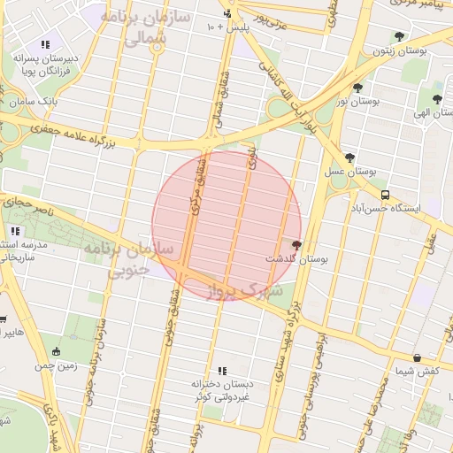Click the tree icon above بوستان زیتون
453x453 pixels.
coord(399,37)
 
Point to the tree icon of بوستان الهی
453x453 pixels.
coord(437,98)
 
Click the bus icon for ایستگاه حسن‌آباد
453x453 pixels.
coord(384,195)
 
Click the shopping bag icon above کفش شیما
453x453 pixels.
coord(417,357)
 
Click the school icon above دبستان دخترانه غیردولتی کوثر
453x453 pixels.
coord(222,371)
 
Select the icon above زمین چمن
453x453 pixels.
coord(57,351)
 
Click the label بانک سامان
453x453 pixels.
coord(36,103)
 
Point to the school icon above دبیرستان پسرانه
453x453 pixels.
coord(45,44)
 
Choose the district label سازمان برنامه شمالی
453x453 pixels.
coord(130,28)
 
